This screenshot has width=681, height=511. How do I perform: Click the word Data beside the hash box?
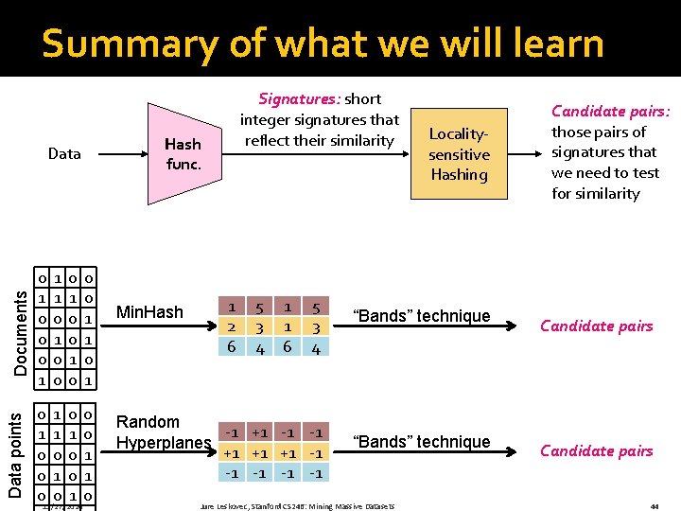pos(64,153)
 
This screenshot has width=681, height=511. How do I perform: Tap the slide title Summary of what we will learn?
pos(323,44)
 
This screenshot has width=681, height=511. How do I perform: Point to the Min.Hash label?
pos(148,311)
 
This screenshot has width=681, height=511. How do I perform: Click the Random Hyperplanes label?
pos(163,432)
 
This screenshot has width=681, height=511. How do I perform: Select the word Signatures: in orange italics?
pos(300,98)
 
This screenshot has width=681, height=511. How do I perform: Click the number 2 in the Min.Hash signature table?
pos(232,327)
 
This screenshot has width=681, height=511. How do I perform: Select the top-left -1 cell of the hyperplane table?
pos(232,432)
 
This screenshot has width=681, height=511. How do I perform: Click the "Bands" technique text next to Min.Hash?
pos(421,316)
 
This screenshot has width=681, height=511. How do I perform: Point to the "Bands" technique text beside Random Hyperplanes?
pos(421,441)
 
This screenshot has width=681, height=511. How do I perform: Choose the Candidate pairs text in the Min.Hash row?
pos(596,326)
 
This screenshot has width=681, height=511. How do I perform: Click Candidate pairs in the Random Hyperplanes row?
pos(596,450)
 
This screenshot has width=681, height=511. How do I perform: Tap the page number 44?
pos(655,505)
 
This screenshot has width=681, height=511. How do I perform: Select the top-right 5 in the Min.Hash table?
pos(318,308)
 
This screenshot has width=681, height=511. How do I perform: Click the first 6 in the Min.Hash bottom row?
pos(232,347)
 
